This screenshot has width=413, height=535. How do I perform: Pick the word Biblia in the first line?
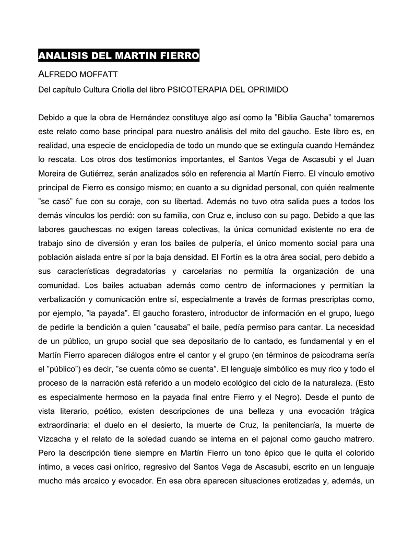pos(270,116)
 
